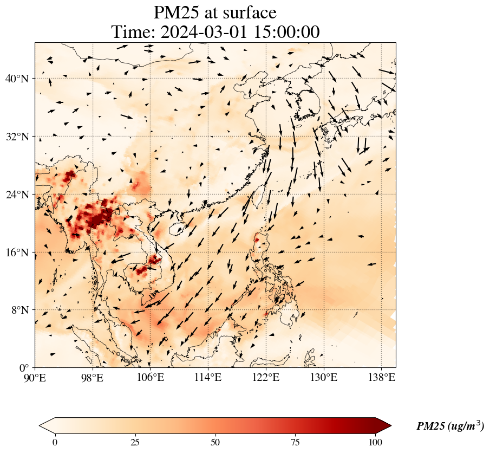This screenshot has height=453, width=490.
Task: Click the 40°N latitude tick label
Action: coord(17,79)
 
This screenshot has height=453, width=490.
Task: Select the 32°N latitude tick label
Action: coord(17,137)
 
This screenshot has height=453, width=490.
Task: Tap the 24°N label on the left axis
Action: coord(17,195)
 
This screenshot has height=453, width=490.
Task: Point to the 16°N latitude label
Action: coord(17,253)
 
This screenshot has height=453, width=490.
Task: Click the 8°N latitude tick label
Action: coord(19,310)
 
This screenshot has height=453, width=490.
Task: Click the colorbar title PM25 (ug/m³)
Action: coord(450,426)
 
